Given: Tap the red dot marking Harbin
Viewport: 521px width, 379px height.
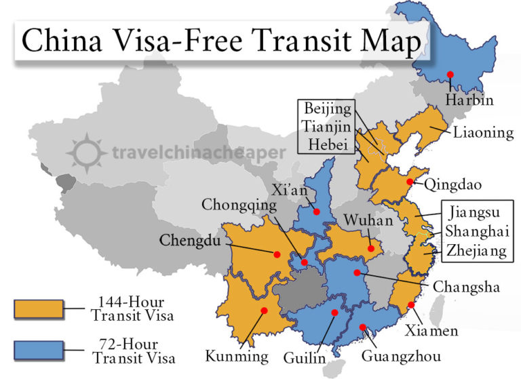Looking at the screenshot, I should click(449, 74).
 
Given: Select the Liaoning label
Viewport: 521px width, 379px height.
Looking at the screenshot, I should click(482, 132).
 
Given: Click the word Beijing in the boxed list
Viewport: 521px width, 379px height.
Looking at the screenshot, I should click(328, 108).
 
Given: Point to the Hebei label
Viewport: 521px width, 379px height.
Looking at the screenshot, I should click(328, 144).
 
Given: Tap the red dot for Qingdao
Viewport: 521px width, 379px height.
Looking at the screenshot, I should click(410, 182).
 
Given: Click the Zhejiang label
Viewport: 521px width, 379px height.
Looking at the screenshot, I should click(476, 251).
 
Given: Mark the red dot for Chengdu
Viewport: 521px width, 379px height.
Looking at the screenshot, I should click(277, 254).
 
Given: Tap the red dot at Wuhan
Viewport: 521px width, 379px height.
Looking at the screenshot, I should click(371, 249).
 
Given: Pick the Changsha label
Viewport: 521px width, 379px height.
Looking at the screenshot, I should click(466, 287).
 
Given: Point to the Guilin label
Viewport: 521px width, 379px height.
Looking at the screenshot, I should click(305, 358).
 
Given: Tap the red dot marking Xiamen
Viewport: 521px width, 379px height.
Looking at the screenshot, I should click(411, 305).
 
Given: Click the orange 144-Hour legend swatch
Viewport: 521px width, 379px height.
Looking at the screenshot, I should click(38, 308).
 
